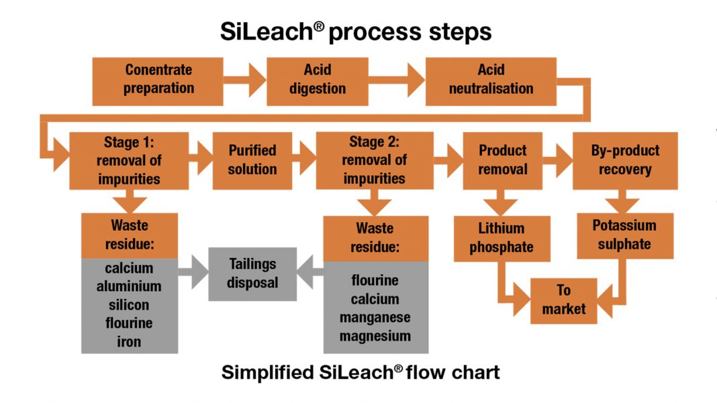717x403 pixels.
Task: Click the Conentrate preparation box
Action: point(158,80)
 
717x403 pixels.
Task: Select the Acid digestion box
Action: point(317,80)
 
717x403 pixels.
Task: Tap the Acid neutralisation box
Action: point(491,80)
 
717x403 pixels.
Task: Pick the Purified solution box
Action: point(252,160)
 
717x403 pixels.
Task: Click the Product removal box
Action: point(502,160)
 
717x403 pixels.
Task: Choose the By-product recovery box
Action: point(624,160)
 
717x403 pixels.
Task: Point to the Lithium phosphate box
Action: point(501,238)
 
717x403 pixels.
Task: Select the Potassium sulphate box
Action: point(624,235)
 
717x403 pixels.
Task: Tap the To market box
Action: point(563,299)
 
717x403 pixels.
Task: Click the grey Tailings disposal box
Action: point(252,273)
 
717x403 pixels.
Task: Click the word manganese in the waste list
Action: point(375,317)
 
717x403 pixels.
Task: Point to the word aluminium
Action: point(129,286)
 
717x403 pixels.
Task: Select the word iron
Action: point(129,341)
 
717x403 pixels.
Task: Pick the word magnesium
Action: point(375,335)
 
